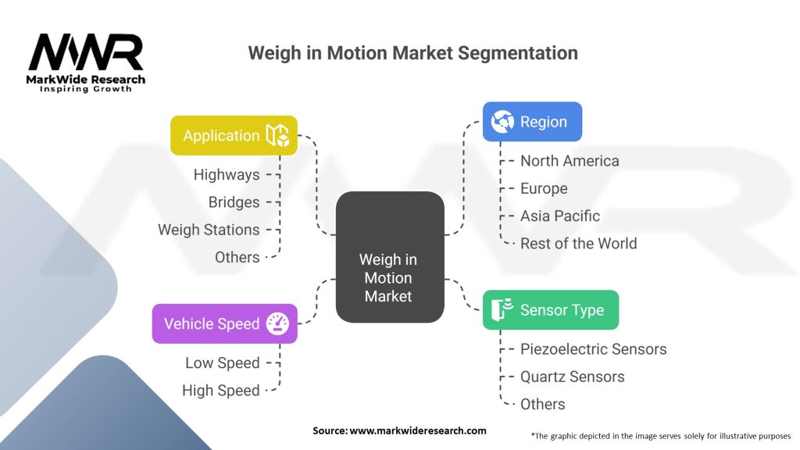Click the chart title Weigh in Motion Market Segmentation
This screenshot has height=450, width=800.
(x=412, y=53)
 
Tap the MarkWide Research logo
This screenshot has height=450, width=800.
(x=86, y=62)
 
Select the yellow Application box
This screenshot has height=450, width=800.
(x=234, y=135)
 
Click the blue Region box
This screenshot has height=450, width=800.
(x=531, y=122)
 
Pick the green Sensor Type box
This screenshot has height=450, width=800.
(x=550, y=310)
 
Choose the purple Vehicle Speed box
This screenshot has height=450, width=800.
(x=224, y=323)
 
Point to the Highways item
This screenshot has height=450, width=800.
(x=227, y=175)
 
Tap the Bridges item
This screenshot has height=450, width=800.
(x=234, y=202)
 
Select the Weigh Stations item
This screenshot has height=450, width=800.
(x=209, y=230)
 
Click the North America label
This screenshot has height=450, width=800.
(x=570, y=161)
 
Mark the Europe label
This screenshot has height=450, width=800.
(x=544, y=188)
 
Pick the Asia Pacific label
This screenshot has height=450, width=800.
(x=560, y=216)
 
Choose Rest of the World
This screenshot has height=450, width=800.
(x=578, y=243)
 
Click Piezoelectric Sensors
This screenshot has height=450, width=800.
(x=593, y=349)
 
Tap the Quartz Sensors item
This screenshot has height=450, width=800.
(x=572, y=377)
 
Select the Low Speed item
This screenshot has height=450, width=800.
(x=222, y=362)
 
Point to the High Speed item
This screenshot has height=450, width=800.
(x=220, y=390)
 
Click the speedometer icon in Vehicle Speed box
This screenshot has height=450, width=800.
(x=277, y=323)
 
